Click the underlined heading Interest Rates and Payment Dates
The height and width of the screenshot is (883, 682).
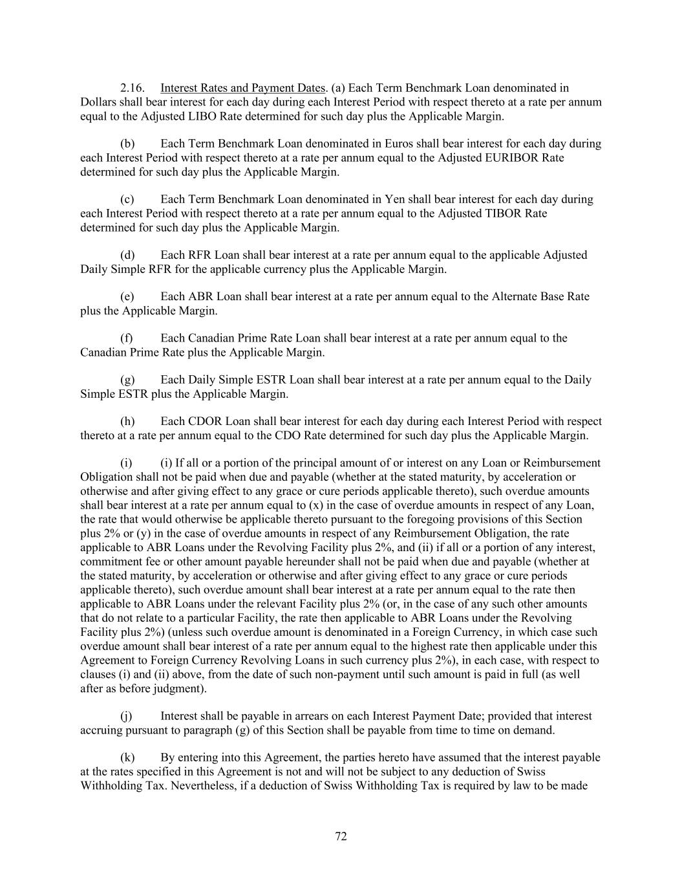tap(242, 88)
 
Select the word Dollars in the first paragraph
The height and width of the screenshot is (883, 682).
tap(98, 102)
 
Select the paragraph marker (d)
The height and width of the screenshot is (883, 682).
tap(127, 255)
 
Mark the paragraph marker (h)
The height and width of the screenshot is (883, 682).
tap(127, 422)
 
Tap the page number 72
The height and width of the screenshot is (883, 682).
tap(341, 836)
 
